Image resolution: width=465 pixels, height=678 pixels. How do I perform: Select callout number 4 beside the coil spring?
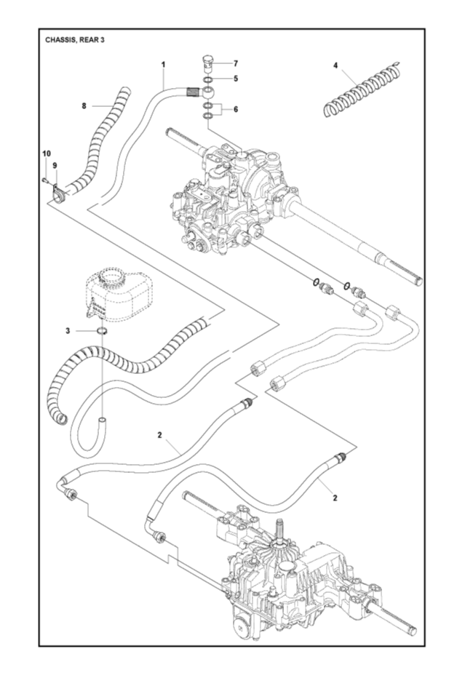pos(335,65)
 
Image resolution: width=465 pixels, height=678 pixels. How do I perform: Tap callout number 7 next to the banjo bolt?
pos(234,63)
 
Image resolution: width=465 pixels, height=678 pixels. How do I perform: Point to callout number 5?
pos(234,79)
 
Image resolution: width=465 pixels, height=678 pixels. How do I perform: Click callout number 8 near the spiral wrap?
pos(84,105)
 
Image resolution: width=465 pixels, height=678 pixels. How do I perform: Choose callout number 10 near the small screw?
pos(45,153)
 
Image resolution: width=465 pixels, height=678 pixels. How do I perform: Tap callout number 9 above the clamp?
pos(55,166)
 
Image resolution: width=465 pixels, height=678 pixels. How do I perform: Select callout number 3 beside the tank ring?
pos(68,330)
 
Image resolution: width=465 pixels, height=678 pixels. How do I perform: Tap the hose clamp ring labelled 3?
pos(103,332)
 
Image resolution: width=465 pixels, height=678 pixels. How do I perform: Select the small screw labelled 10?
pos(45,178)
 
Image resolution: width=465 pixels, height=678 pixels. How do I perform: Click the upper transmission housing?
pos(233,193)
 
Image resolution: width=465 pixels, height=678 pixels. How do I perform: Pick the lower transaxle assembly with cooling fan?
pos(291,575)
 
